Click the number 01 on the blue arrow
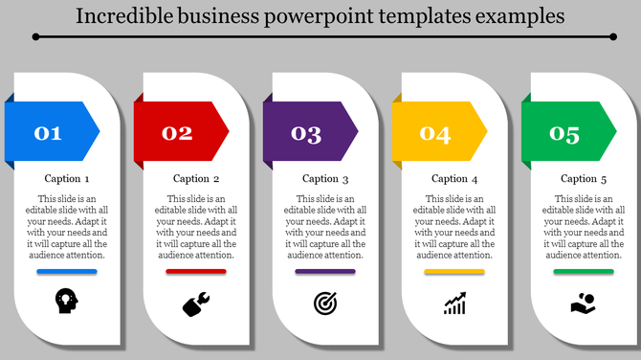pos(48,134)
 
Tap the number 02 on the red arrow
pos(177,134)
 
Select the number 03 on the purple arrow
pos(306,134)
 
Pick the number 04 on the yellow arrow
pos(435,134)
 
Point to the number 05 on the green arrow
pos(564,134)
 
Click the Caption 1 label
pos(67,179)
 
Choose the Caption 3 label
pos(325,179)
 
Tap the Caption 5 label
pos(584,179)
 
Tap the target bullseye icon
pos(325,304)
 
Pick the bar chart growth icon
pos(454,304)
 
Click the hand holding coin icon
pos(584,304)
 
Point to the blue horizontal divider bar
pos(67,272)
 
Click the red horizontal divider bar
pos(196,272)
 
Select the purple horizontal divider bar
pos(325,272)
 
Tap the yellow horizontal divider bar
pos(454,272)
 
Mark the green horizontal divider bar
pos(584,272)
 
